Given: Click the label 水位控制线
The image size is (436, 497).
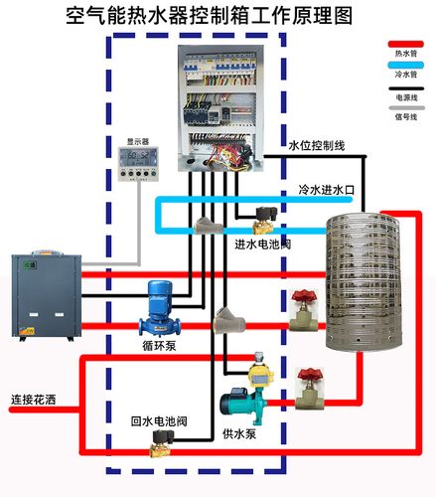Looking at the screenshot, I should [x=317, y=146].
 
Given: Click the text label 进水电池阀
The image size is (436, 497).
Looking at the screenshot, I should [x=262, y=244].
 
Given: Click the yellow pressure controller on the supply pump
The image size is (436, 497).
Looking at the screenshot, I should [x=261, y=366].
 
